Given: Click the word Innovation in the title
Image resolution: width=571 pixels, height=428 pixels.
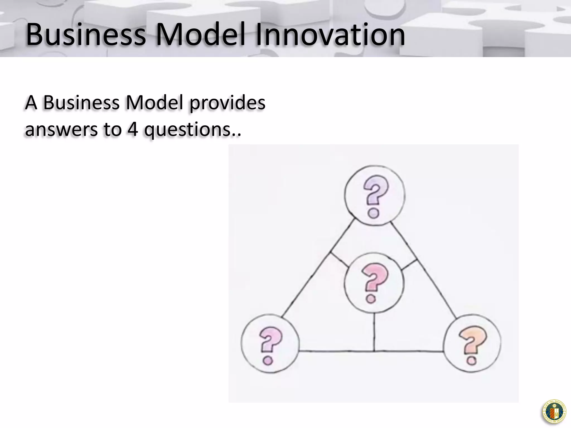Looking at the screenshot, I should point(330,35).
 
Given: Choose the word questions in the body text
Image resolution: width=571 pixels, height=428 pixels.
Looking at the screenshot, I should point(187,130).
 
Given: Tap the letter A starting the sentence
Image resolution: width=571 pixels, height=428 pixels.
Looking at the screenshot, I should point(31,103).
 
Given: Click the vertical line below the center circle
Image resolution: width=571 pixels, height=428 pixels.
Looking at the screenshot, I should point(374,332).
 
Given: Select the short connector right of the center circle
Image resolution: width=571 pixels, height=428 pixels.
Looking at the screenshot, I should point(409,265).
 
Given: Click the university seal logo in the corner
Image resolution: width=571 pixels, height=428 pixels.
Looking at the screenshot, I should point(554,412).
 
